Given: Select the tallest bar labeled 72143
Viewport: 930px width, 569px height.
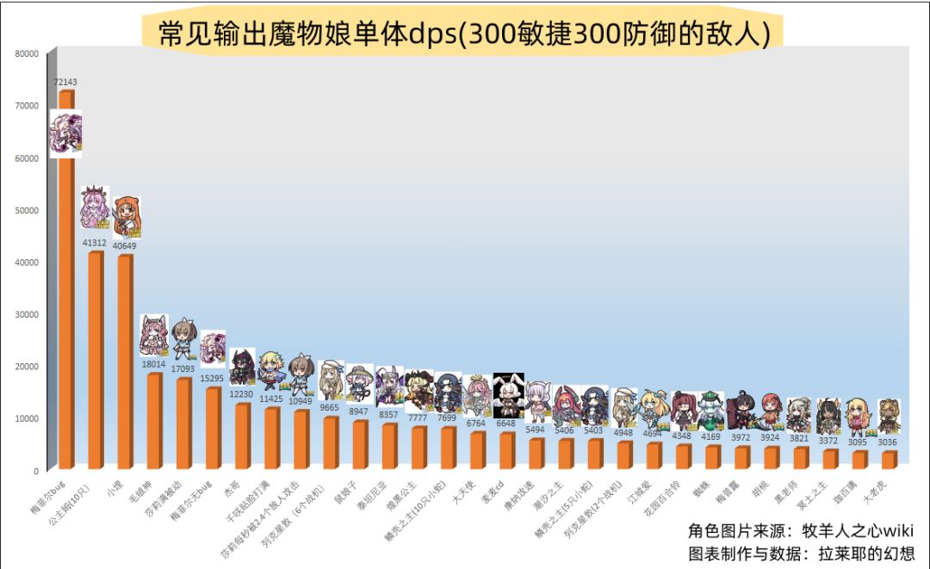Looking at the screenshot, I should [65, 284].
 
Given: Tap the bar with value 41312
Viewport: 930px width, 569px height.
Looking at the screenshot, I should [96, 362].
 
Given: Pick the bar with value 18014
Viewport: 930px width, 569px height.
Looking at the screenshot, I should [154, 422].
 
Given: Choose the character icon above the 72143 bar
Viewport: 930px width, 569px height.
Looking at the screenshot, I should [66, 134].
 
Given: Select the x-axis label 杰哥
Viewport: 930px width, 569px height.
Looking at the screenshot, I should [232, 488].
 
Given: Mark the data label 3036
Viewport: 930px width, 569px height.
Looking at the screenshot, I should [887, 442].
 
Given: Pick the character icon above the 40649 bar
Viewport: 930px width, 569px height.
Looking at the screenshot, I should [127, 217].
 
